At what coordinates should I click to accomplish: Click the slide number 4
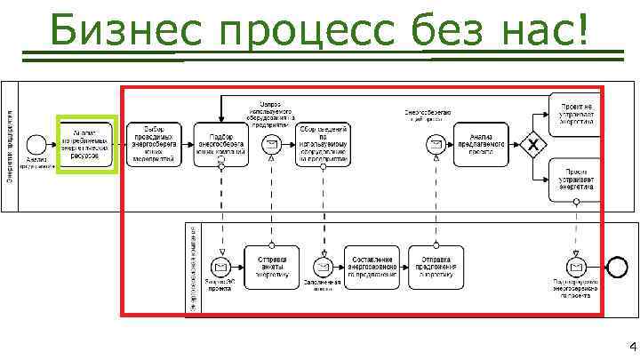(630, 347)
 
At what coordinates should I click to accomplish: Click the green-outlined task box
(86, 141)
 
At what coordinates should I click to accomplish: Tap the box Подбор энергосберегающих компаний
(221, 142)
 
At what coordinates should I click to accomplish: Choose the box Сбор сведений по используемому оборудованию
(323, 142)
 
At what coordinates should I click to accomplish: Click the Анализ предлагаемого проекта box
(481, 143)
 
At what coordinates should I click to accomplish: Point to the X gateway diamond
(532, 143)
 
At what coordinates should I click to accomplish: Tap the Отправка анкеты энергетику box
(272, 266)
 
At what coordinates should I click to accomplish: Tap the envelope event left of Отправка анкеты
(219, 266)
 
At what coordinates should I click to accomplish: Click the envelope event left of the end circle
(575, 266)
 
